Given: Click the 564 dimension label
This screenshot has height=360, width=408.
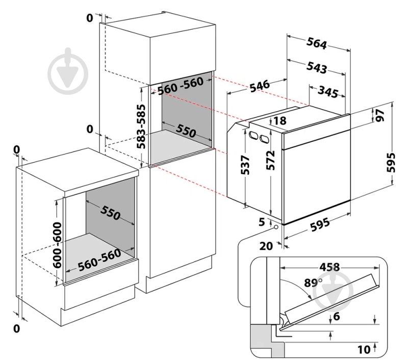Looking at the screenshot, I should point(317,44).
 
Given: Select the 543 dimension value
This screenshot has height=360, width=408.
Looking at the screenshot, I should point(317,66).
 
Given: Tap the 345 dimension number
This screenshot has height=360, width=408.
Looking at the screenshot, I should point(328,92).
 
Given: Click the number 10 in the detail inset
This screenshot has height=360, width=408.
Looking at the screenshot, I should point(364,349).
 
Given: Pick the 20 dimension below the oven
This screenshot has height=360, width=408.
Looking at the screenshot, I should point(267,246).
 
